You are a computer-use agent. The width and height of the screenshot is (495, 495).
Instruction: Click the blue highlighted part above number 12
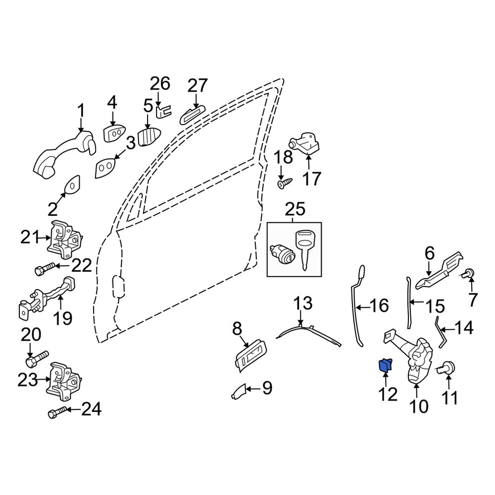(x=385, y=365)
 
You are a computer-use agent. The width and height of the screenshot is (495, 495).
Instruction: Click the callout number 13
(x=303, y=303)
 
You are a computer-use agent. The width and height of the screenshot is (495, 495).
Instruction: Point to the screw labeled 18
(x=285, y=183)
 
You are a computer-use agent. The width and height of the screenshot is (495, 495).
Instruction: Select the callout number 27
(x=198, y=85)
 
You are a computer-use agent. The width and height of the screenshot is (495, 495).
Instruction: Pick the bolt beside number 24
(x=57, y=412)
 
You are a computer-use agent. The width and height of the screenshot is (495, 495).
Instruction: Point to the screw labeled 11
(x=446, y=368)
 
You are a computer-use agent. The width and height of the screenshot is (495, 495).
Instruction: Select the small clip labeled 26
(x=164, y=111)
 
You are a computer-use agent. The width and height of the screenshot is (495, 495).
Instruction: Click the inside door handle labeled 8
(x=251, y=355)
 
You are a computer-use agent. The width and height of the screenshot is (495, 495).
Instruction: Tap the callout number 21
(x=30, y=237)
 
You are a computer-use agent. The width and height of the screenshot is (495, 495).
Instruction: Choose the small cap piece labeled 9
(x=239, y=392)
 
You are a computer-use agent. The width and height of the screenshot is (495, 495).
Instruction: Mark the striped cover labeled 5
(x=149, y=137)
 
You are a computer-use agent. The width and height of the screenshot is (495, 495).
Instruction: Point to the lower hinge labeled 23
(x=64, y=381)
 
